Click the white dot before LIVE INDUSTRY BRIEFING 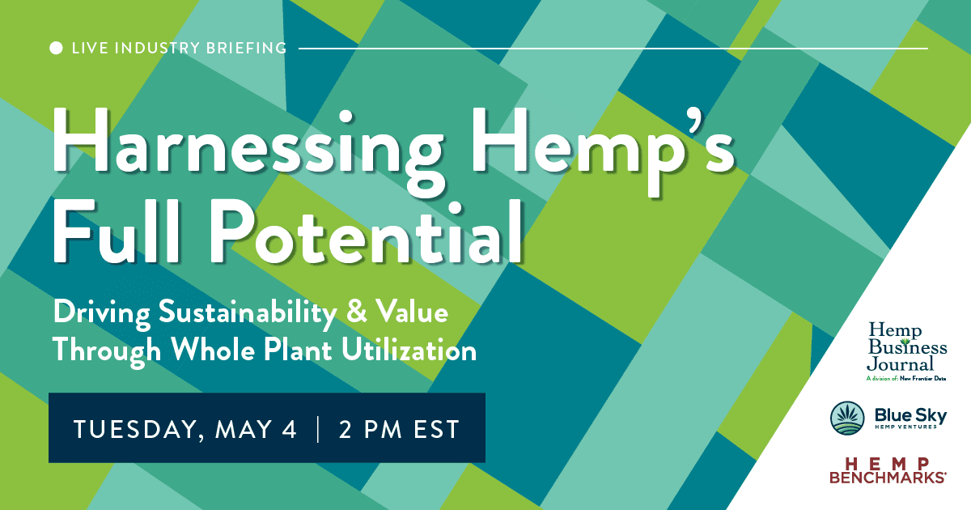point(56,48)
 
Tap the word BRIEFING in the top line point(246,48)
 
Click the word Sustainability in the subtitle point(248,313)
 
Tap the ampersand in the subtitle point(357,312)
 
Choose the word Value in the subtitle point(412,311)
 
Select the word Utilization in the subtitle point(409,349)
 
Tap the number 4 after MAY point(289,429)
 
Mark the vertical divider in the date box point(318,429)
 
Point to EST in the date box point(436,429)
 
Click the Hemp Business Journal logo point(907,351)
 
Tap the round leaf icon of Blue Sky point(847,418)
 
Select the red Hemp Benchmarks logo point(888,470)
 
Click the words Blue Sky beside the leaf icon point(910,415)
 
